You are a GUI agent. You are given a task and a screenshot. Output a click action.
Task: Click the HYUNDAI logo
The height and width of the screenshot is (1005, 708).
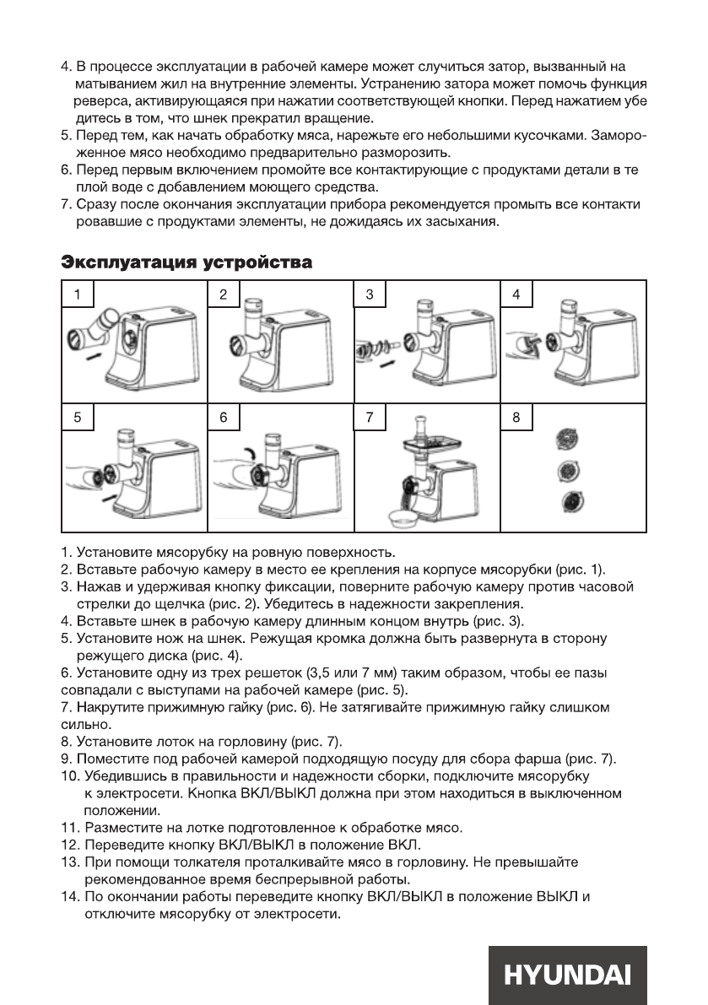point(566,975)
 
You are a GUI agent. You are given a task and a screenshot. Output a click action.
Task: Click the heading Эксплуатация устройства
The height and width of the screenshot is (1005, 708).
point(186,263)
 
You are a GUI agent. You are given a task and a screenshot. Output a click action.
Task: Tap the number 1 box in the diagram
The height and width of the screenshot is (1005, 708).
point(78,294)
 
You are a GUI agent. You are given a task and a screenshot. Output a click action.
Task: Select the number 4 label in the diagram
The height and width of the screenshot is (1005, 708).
point(517,294)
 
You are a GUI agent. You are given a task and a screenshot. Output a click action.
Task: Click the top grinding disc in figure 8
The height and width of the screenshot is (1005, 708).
point(566,440)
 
